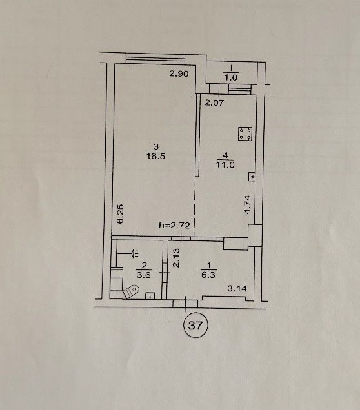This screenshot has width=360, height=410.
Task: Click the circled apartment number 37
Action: point(195,326)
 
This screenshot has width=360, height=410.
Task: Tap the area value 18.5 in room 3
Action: point(155,157)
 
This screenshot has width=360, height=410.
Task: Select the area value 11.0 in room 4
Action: point(225,165)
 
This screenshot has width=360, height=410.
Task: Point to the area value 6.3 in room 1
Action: point(208,275)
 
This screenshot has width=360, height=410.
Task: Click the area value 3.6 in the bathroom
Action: point(144,275)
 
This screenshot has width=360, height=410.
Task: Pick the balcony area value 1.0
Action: point(231,77)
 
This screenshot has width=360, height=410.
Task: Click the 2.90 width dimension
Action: point(179,73)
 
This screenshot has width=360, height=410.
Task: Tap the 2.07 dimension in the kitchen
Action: point(214,102)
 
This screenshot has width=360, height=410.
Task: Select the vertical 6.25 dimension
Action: point(121,214)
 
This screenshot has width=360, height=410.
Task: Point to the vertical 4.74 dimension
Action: point(247,205)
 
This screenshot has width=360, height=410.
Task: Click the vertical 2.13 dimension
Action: point(176,258)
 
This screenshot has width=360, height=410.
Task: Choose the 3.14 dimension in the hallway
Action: point(237,289)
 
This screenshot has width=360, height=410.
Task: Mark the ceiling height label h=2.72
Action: point(174,225)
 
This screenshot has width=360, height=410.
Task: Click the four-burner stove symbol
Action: point(245,134)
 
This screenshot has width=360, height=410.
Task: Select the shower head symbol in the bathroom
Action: point(136,253)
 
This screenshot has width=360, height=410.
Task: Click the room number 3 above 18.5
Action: point(156,147)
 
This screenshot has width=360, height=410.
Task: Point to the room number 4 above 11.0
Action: point(225,155)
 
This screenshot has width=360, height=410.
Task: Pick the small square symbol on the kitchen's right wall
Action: point(252,177)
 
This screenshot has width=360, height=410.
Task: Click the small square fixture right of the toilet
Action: point(150,296)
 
